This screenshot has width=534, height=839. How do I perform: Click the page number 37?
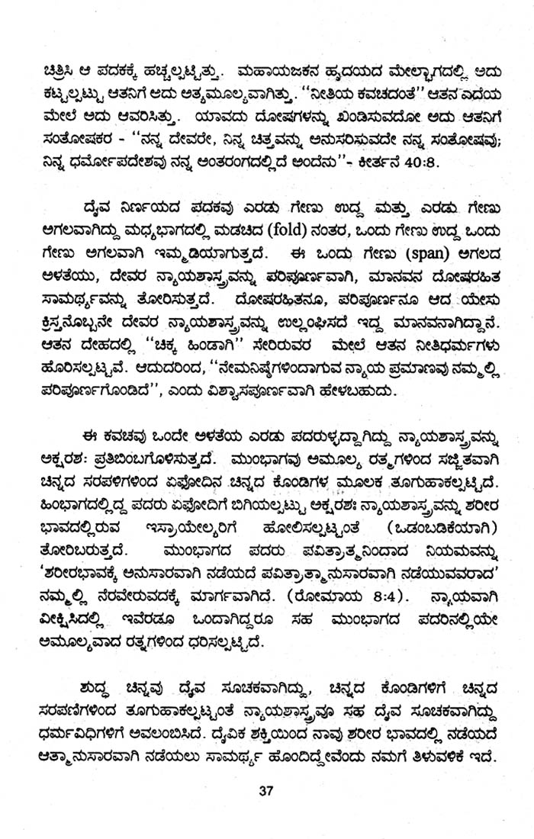click(x=265, y=769)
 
